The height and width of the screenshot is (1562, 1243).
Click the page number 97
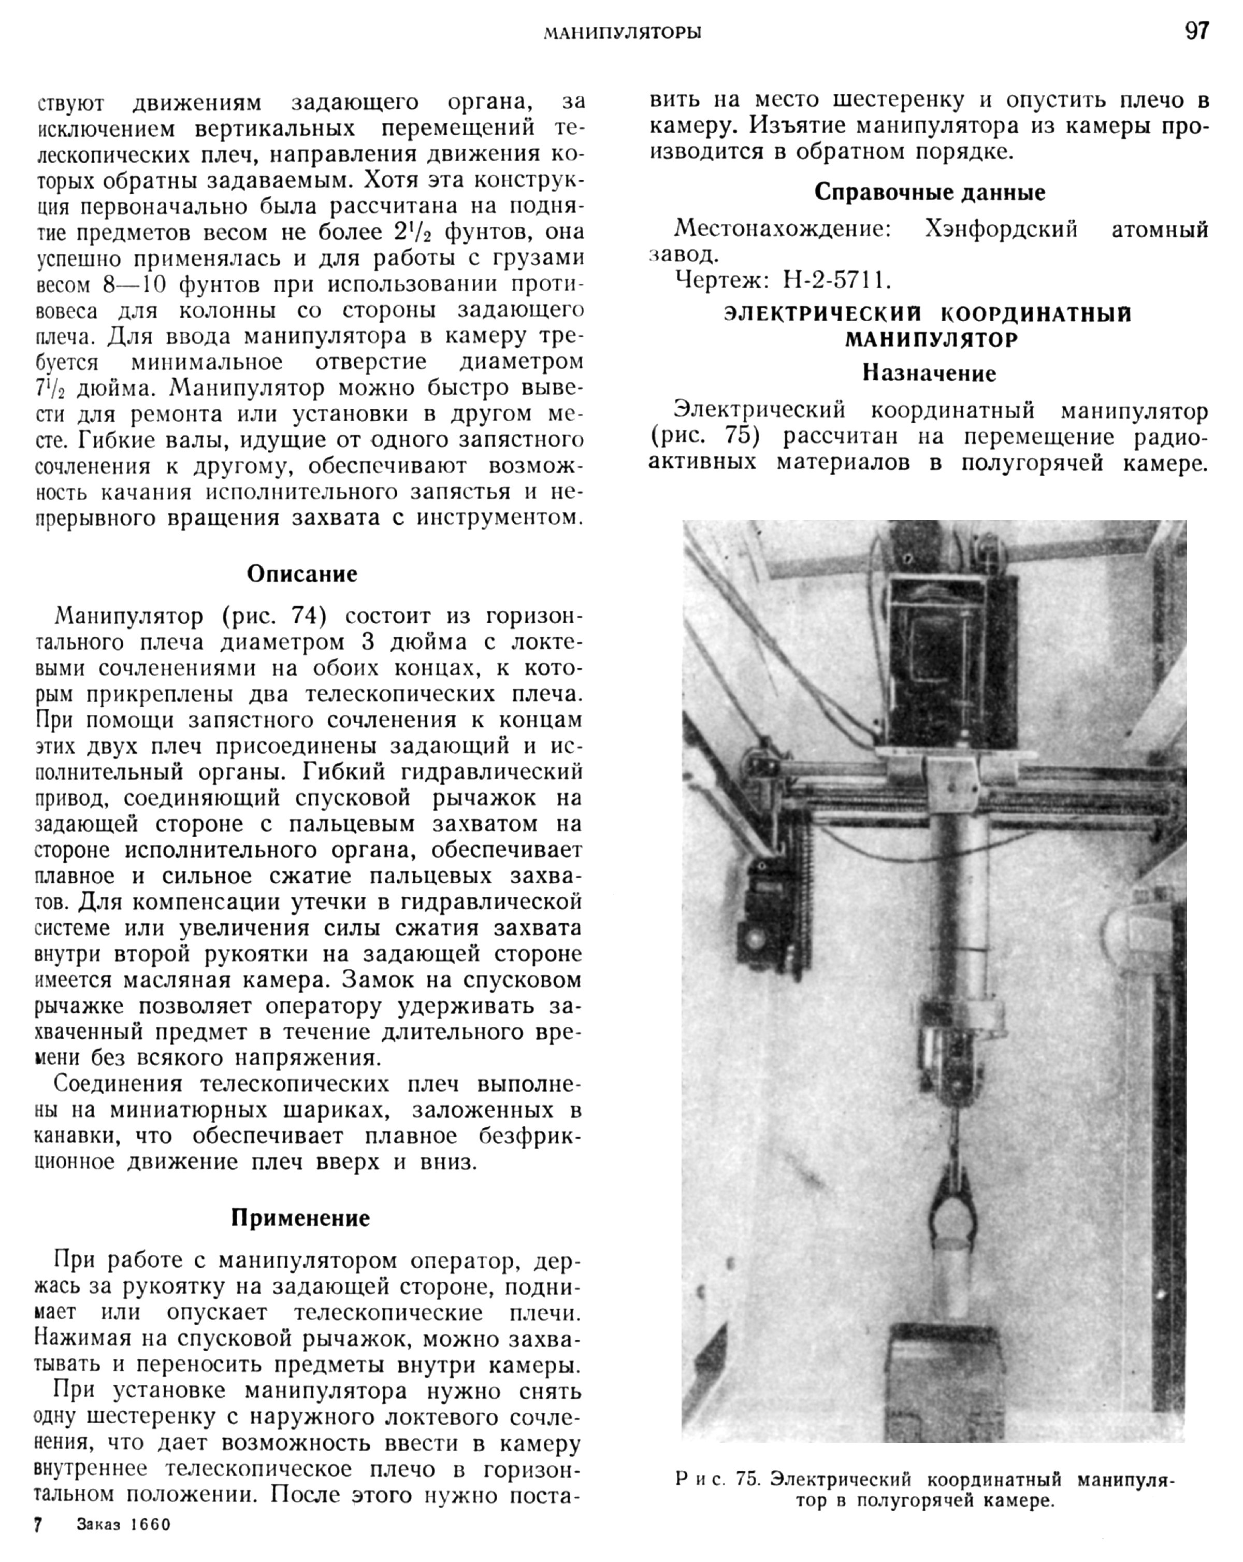point(1196,31)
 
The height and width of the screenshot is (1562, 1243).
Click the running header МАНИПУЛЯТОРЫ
point(622,33)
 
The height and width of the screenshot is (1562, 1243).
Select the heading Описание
point(302,574)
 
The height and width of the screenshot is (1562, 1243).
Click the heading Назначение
point(929,374)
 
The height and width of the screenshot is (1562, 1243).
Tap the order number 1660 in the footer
point(150,1544)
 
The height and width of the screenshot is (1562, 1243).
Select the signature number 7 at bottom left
point(38,1544)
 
